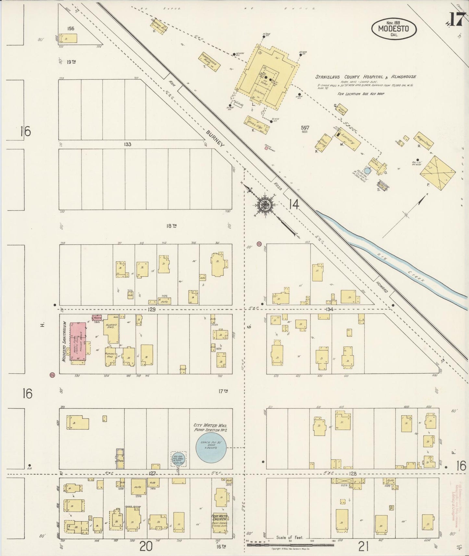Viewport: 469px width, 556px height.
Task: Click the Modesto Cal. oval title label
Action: pos(394,29)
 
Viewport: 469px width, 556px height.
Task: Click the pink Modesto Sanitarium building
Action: pos(78,342)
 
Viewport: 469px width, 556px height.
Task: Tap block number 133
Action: pos(127,144)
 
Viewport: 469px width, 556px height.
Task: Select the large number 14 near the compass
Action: pos(293,204)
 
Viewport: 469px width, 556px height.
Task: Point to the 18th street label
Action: pos(171,226)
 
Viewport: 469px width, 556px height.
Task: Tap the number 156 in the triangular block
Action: pos(70,29)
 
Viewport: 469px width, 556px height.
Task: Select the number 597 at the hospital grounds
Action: pos(305,128)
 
